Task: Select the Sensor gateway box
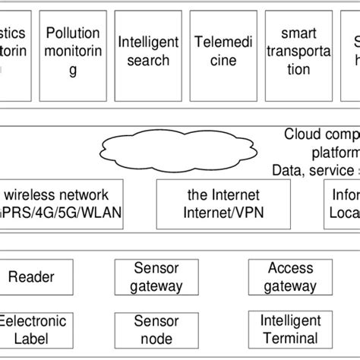pyautogui.click(x=156, y=277)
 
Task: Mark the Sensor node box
pyautogui.click(x=156, y=329)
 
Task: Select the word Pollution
pyautogui.click(x=73, y=33)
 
